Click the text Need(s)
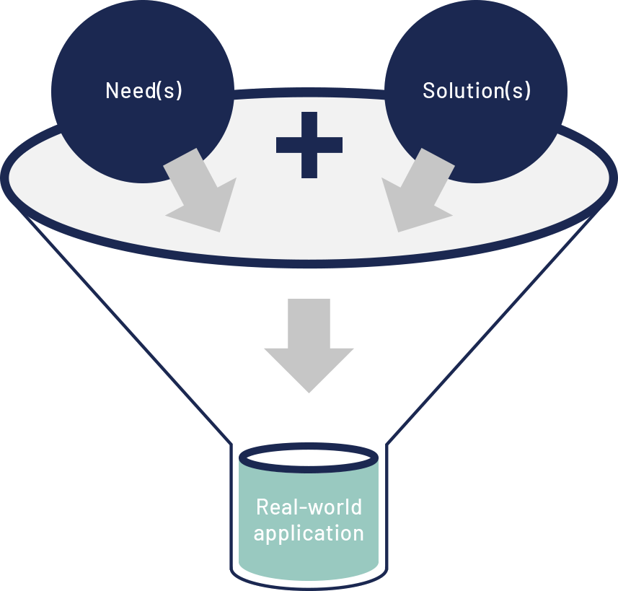(144, 91)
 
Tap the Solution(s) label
(477, 91)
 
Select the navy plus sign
(309, 145)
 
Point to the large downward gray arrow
(309, 343)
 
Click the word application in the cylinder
(309, 534)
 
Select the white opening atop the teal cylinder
(309, 458)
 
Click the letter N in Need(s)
(112, 91)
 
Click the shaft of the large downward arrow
(309, 321)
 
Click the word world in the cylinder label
(336, 507)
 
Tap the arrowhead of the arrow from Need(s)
(206, 209)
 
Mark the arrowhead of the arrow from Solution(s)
(412, 209)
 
